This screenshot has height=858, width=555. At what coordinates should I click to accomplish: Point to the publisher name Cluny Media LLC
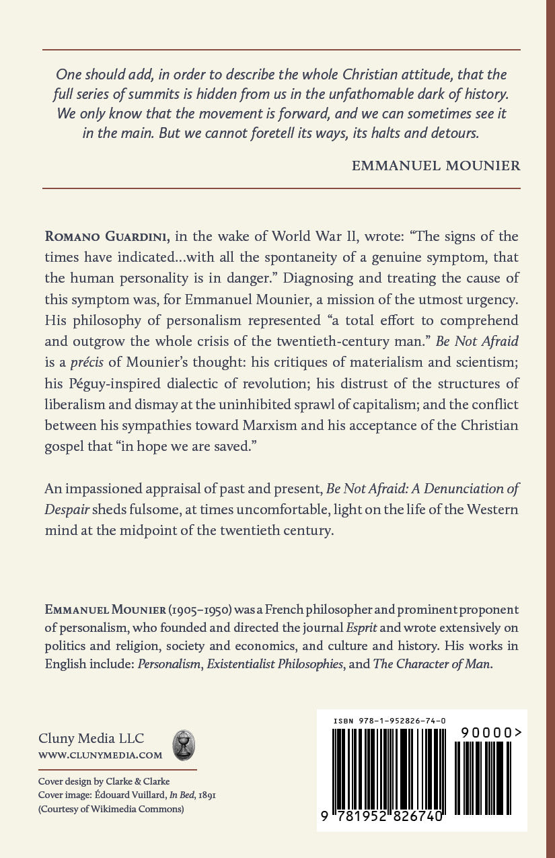(x=91, y=739)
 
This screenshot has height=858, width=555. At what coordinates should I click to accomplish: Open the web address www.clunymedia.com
(x=100, y=755)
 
